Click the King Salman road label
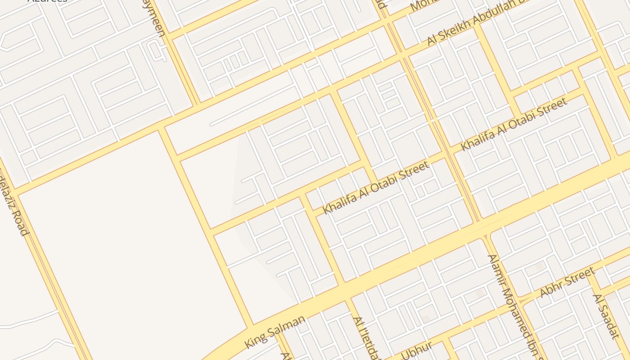pos(275,331)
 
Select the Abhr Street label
pos(567,282)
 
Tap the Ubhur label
pos(417,351)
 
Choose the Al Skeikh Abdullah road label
pos(477,22)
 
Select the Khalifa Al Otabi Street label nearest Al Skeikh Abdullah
pos(514,124)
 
